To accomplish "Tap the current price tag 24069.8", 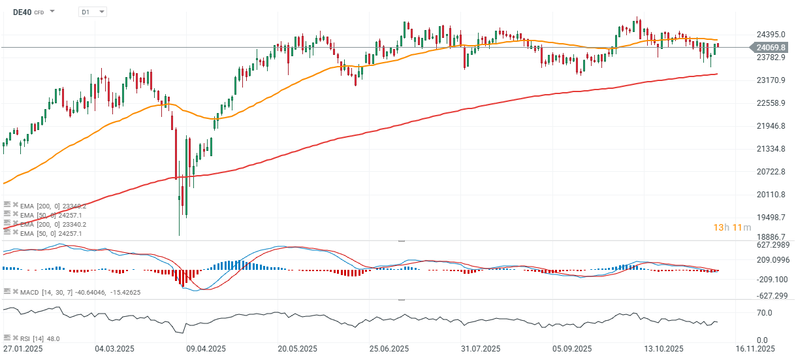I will [771, 47].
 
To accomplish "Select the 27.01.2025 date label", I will [24, 348].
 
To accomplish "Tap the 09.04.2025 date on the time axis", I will [202, 348].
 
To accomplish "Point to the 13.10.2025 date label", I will [660, 348].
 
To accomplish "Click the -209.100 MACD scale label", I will [772, 279].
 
